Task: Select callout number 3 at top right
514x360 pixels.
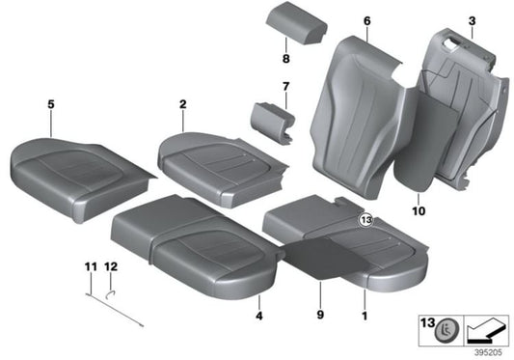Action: tap(472, 19)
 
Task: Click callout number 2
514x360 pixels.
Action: tap(181, 100)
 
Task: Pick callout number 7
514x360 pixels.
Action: tap(286, 89)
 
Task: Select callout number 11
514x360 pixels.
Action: tap(89, 265)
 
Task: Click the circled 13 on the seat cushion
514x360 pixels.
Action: tap(365, 221)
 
